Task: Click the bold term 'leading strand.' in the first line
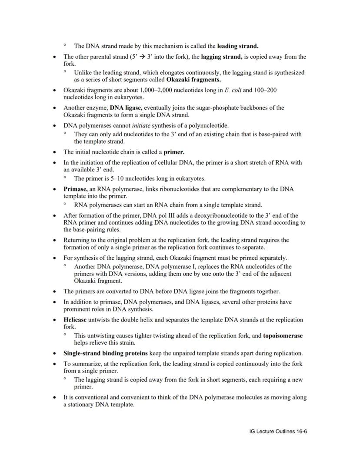(x=238, y=46)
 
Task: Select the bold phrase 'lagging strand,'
(x=222, y=57)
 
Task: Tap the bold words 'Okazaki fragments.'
(x=193, y=80)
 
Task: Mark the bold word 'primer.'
(x=174, y=152)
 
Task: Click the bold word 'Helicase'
(x=75, y=320)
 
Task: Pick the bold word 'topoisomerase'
(x=283, y=336)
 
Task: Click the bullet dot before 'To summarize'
(x=54, y=364)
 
